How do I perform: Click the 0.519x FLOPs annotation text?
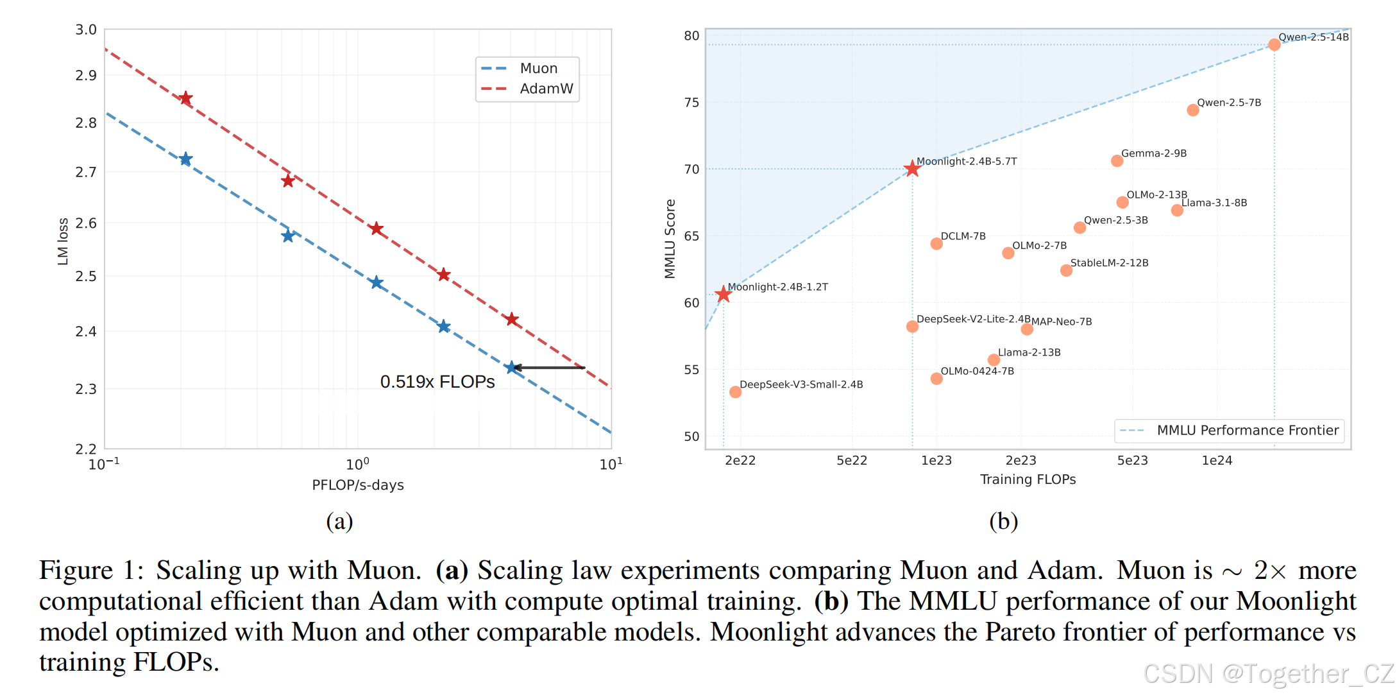[437, 382]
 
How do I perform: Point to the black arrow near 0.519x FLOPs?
[549, 368]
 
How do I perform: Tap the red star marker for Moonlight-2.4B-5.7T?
[912, 169]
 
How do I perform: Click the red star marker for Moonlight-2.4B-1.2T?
[724, 294]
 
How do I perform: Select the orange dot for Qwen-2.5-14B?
[1274, 44]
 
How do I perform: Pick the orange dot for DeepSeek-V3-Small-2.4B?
[736, 392]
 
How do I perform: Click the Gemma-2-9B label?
[1154, 153]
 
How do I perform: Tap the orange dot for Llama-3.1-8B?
[1177, 211]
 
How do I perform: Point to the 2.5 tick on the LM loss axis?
[86, 276]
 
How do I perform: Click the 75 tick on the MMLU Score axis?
[691, 103]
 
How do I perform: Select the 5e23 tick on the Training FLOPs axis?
[1133, 460]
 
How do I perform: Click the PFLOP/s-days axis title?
[358, 485]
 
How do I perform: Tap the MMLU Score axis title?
[670, 239]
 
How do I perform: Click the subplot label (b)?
[1003, 521]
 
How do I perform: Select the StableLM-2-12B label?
[1109, 262]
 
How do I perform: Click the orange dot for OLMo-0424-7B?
[936, 379]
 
